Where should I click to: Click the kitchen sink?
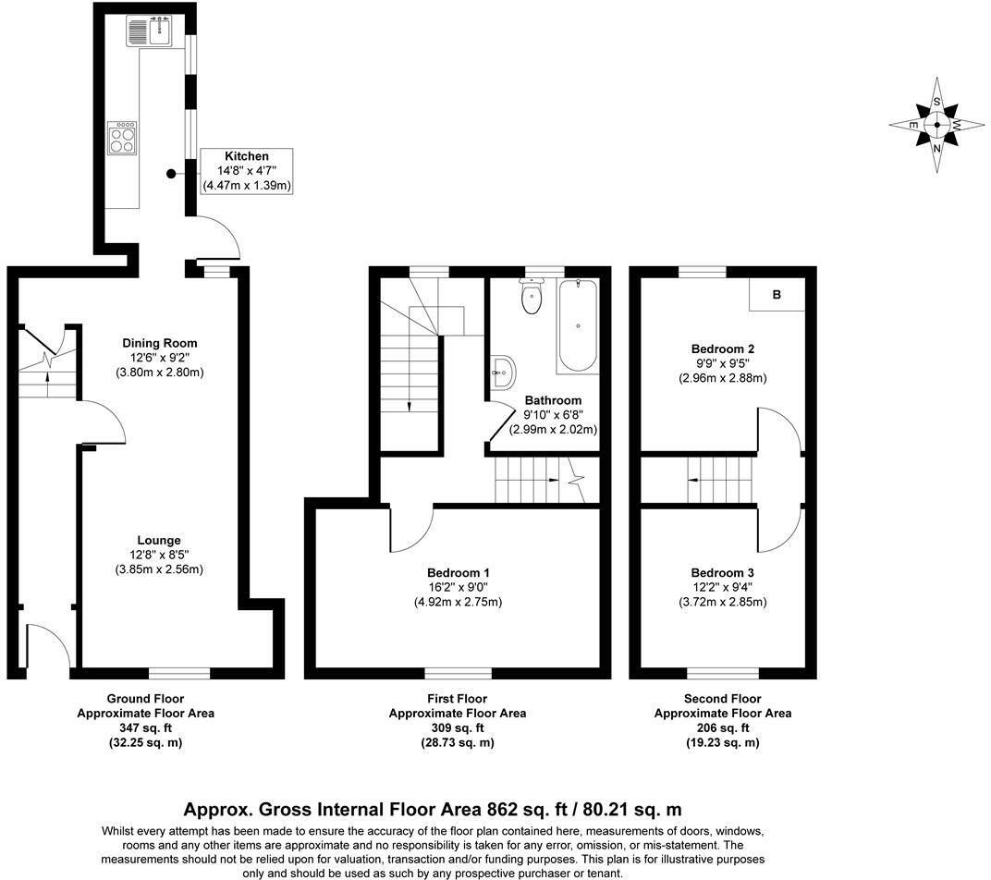[151, 33]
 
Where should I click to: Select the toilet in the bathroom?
[532, 297]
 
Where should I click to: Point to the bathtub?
[578, 325]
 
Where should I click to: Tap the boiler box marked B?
[777, 296]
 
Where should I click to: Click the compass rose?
[937, 125]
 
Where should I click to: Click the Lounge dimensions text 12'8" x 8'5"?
[159, 555]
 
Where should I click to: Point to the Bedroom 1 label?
[459, 572]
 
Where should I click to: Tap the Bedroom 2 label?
[723, 348]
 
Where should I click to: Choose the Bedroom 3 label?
[722, 572]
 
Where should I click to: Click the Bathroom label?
[553, 400]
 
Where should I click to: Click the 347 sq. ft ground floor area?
[145, 728]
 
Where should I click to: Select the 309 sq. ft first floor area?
[457, 728]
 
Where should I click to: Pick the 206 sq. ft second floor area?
[722, 728]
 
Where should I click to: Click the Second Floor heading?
[722, 699]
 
